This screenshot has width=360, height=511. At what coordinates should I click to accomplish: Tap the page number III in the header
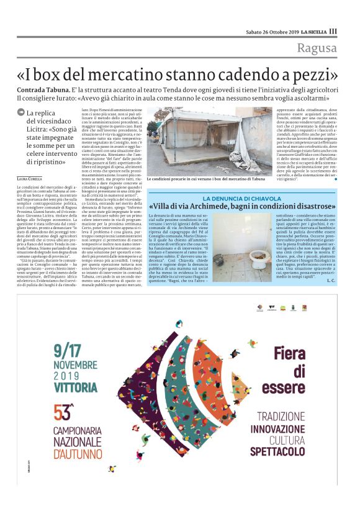[x=333, y=31]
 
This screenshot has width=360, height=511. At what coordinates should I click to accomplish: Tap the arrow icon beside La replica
[x=21, y=113]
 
